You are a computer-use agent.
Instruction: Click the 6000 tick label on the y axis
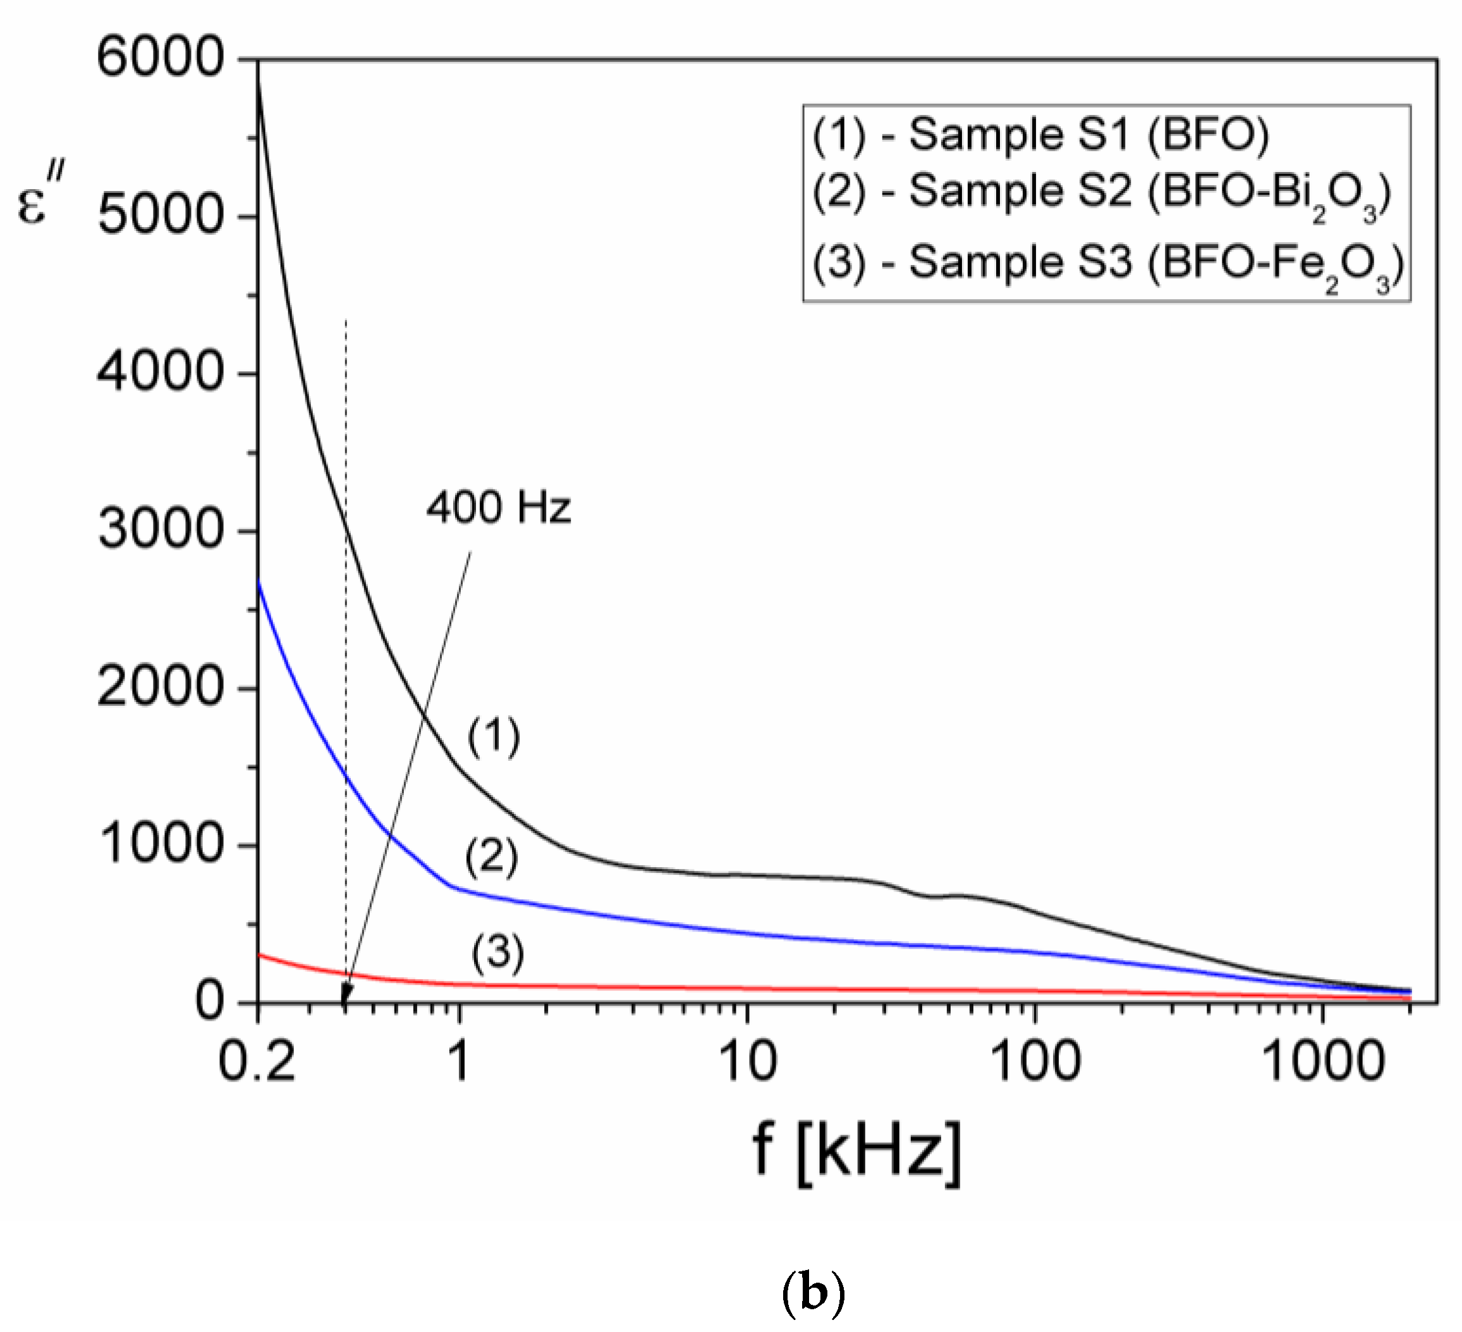point(159,58)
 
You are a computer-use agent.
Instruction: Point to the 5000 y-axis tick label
point(159,216)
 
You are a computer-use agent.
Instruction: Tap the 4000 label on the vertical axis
point(159,373)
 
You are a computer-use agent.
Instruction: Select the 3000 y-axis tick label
point(159,530)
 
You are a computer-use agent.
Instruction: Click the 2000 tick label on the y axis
point(159,688)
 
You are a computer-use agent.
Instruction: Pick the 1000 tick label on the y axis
point(159,845)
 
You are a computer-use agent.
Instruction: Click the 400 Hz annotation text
point(499,508)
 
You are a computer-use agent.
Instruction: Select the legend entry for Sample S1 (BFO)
point(1040,135)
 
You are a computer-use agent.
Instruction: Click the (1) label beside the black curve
point(494,737)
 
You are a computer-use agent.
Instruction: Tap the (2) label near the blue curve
point(492,858)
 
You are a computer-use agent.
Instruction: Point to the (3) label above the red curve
point(498,953)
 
